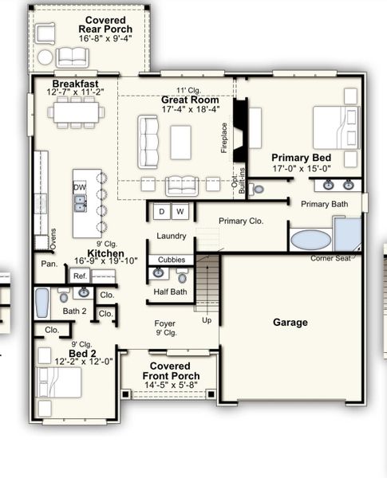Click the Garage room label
[x=290, y=323]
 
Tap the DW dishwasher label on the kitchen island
[x=80, y=187]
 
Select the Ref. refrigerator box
[x=80, y=276]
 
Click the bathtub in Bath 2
[x=42, y=303]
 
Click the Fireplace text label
[x=224, y=137]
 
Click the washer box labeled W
[x=180, y=212]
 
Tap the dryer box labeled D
[x=161, y=212]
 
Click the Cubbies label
[x=171, y=260]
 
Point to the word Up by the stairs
[x=207, y=320]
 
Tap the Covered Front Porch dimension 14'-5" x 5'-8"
[x=169, y=386]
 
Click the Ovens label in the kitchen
[x=42, y=239]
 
